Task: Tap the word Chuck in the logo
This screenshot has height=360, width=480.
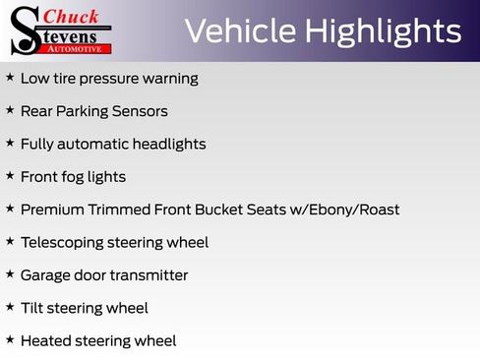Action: pyautogui.click(x=72, y=16)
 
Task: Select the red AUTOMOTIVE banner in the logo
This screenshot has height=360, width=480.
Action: pyautogui.click(x=79, y=47)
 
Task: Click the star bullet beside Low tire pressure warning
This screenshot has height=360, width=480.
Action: pyautogui.click(x=10, y=78)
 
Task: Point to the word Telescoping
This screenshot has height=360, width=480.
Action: pyautogui.click(x=61, y=242)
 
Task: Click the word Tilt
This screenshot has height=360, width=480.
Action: pyautogui.click(x=33, y=308)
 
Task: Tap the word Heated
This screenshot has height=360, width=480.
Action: pyautogui.click(x=45, y=340)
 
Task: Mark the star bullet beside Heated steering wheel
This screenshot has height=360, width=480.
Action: pyautogui.click(x=10, y=340)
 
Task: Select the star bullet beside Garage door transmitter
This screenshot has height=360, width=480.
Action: pyautogui.click(x=10, y=274)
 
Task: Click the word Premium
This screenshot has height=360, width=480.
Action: pyautogui.click(x=54, y=210)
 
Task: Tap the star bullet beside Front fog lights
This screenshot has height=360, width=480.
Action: pyautogui.click(x=10, y=176)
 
